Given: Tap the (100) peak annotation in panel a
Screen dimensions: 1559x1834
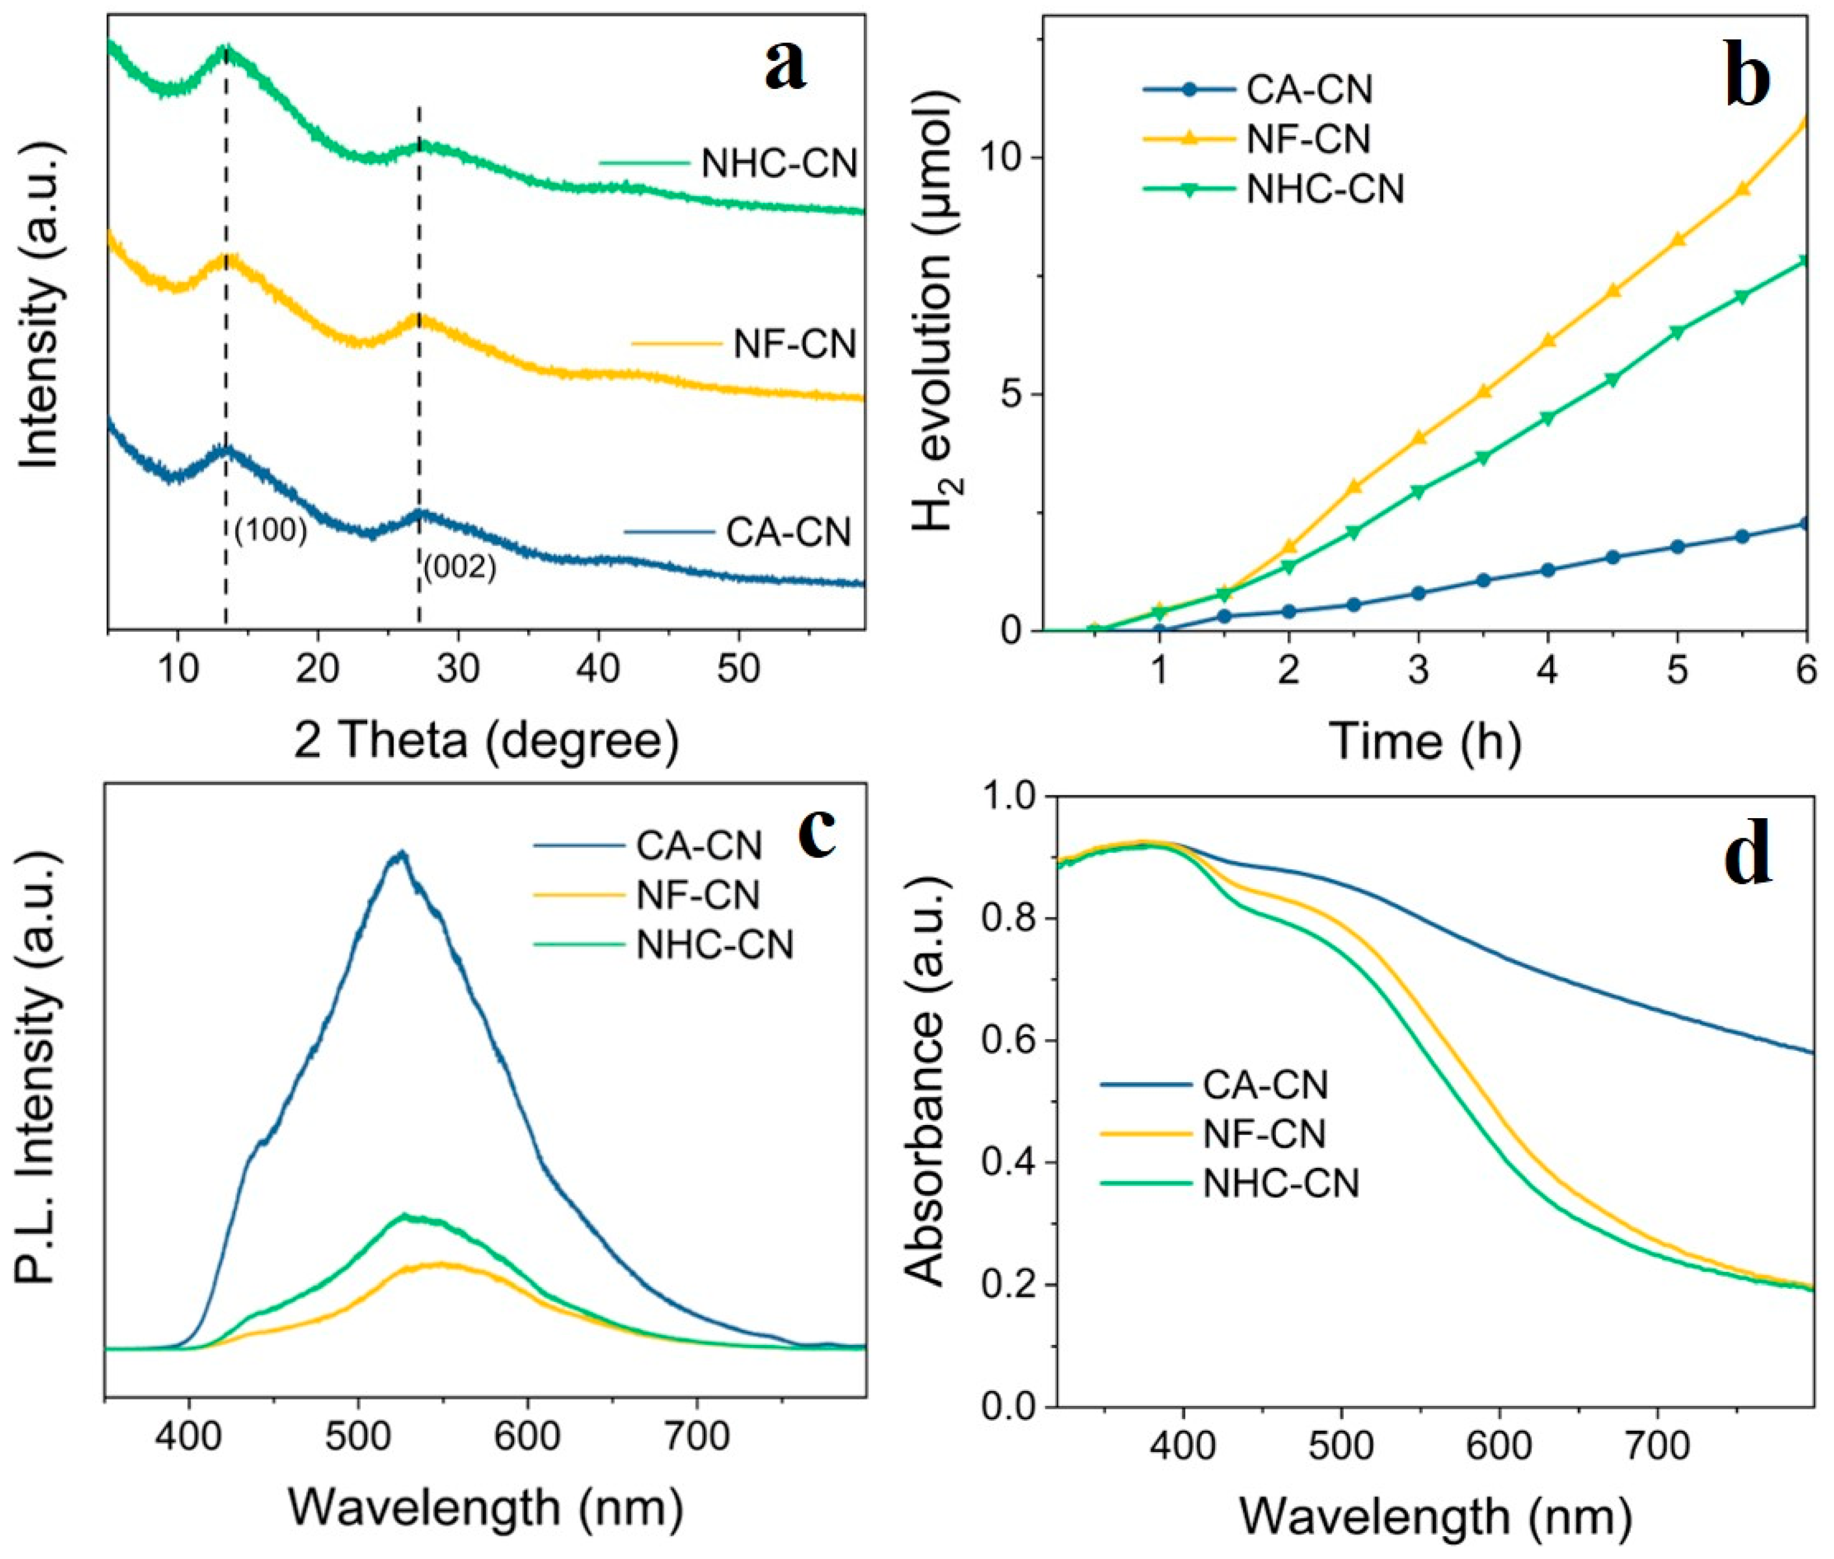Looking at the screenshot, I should (270, 530).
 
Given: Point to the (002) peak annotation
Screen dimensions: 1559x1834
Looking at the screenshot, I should (459, 568).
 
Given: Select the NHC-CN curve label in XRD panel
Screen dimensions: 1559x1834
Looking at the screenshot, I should (778, 164).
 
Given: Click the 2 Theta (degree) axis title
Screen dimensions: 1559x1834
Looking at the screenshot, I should (486, 741).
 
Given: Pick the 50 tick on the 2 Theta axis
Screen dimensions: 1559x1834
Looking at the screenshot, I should (738, 669).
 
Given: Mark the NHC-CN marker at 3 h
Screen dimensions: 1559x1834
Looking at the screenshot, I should (1419, 491).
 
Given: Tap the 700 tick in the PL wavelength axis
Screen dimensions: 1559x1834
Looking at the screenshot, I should (696, 1436).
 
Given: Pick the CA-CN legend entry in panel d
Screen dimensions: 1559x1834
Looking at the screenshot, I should (1265, 1084).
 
